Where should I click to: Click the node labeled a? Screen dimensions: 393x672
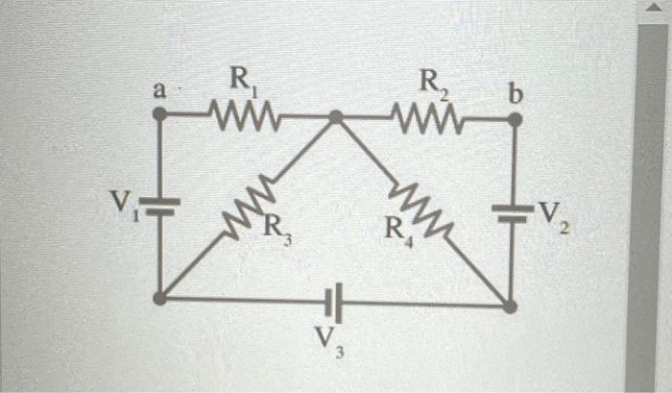pos(160,114)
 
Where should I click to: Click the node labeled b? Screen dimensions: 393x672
pos(515,120)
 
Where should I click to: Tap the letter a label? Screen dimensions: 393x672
pos(159,91)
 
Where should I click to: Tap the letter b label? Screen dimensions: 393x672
pos(516,95)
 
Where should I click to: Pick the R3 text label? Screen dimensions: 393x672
pos(276,233)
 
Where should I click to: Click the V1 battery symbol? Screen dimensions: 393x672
pos(160,206)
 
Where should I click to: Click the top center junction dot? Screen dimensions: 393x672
pos(336,117)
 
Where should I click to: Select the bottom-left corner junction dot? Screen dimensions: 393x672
pos(160,298)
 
